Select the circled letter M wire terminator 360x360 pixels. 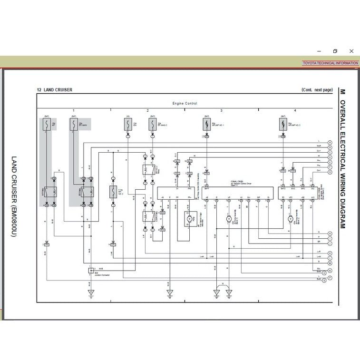330,263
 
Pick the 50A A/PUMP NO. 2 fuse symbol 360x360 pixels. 283,125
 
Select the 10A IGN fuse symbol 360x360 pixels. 128,125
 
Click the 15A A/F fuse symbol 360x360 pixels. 47,125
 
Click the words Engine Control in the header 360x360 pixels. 185,103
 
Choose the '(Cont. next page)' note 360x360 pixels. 317,90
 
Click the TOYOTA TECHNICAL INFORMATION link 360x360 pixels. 330,63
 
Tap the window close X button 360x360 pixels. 351,51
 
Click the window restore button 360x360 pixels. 335,51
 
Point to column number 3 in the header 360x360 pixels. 221,110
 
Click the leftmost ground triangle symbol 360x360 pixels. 91,292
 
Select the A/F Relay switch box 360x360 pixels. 50,192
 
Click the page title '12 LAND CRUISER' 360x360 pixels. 55,90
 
